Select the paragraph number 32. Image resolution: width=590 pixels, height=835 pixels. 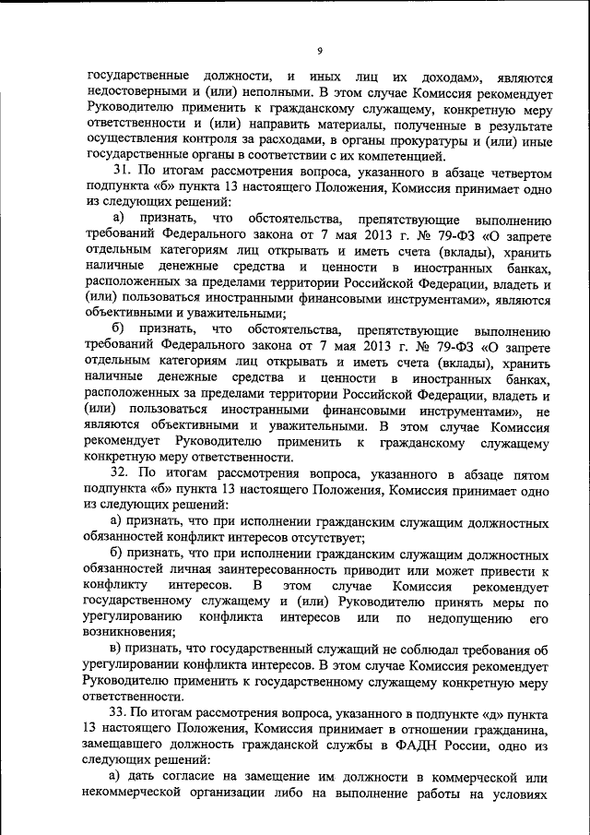pos(122,473)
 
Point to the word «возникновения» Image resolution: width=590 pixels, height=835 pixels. pos(129,633)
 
